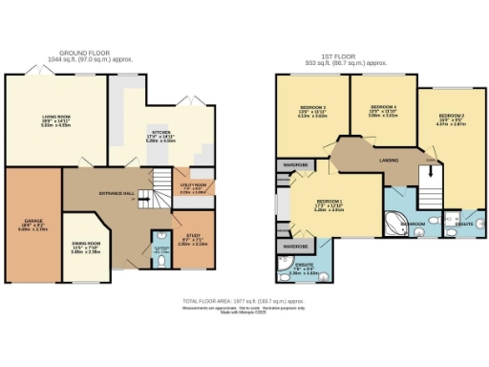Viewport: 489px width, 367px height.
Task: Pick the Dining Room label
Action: pyautogui.click(x=86, y=244)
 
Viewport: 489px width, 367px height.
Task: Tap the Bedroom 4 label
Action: pyautogui.click(x=383, y=106)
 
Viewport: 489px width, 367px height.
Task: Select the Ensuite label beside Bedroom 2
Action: pyautogui.click(x=464, y=223)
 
